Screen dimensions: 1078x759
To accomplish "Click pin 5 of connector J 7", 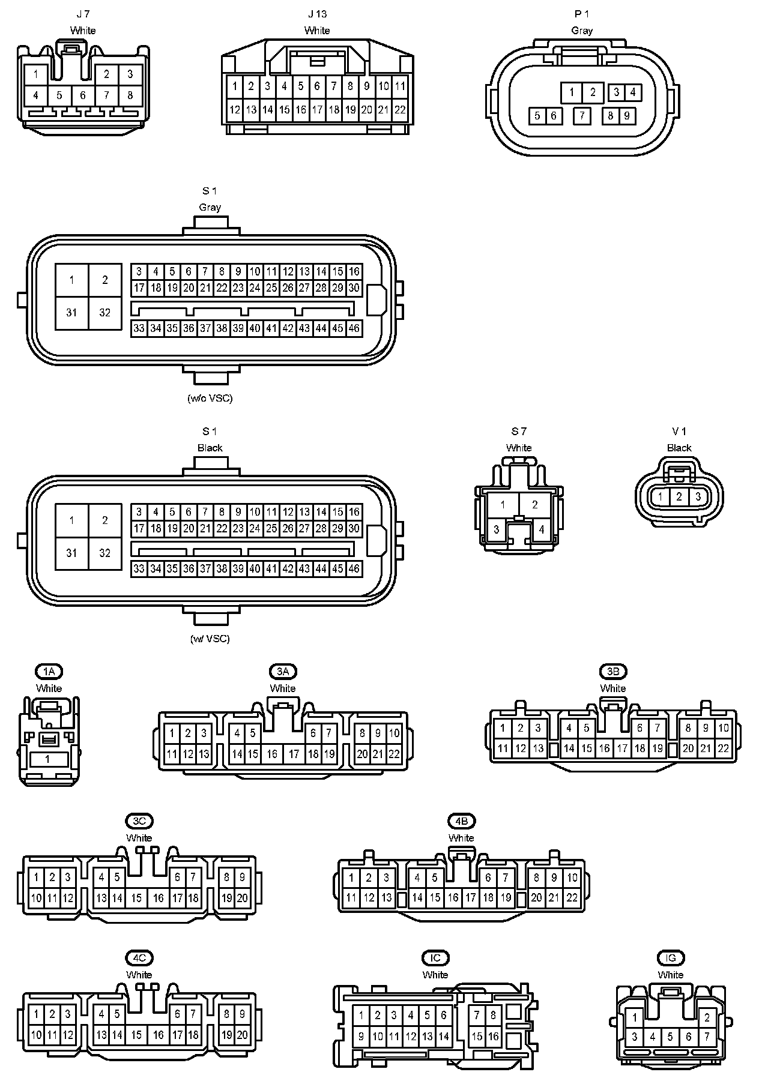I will click(x=59, y=95).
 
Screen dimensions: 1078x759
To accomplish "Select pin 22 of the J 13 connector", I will click(x=400, y=110).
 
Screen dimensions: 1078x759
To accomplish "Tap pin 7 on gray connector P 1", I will click(x=581, y=115).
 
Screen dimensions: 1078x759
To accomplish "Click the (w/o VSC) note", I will click(x=210, y=398).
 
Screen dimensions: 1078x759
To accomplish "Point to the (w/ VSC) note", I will click(x=210, y=639).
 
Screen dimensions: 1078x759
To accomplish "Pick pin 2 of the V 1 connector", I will click(x=679, y=497).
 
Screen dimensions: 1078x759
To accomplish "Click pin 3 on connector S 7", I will click(x=497, y=530).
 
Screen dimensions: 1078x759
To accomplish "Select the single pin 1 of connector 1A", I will click(x=48, y=759).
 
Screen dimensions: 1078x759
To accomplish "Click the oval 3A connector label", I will click(x=283, y=671).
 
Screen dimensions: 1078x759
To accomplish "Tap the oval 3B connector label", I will click(x=613, y=671).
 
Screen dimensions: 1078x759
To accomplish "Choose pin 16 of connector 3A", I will click(x=273, y=754).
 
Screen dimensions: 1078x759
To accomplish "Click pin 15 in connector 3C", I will click(x=137, y=899).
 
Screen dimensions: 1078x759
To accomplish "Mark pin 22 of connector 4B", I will click(x=572, y=898).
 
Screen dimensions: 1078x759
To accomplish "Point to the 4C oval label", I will click(x=139, y=957).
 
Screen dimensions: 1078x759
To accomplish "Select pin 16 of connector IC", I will click(x=493, y=1037).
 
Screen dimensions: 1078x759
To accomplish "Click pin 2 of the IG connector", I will click(x=707, y=1017).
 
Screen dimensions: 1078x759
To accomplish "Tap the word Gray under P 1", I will click(x=582, y=30).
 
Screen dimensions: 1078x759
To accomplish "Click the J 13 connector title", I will click(x=317, y=14).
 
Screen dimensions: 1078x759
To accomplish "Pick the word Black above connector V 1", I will click(x=679, y=448).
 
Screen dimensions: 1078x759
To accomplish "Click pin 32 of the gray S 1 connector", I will click(x=105, y=313).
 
